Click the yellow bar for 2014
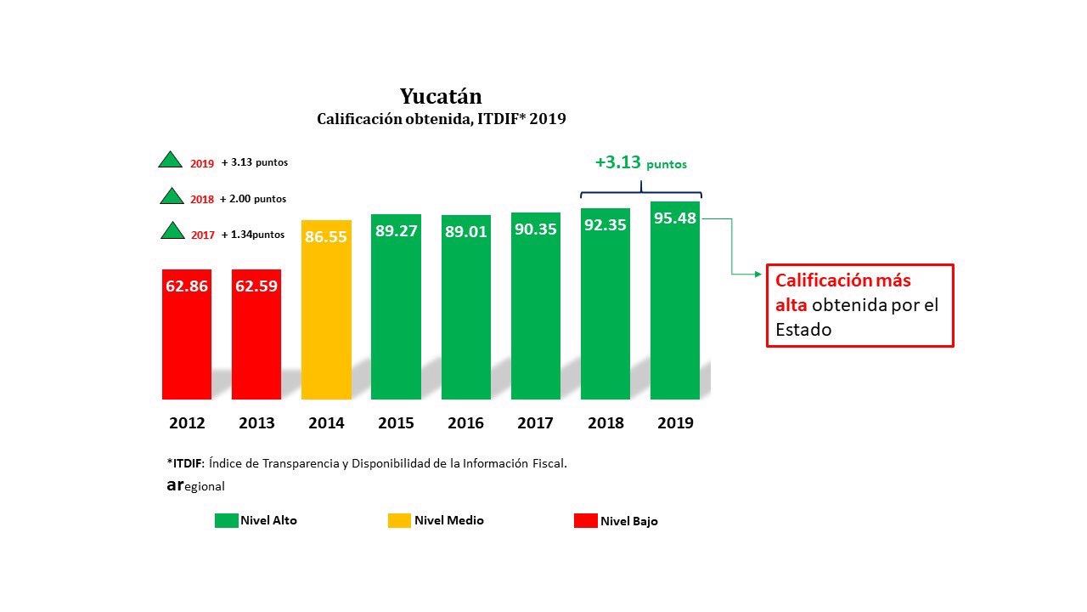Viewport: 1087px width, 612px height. point(327,323)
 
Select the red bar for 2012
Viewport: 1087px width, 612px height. point(187,340)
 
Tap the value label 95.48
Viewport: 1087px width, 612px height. point(675,218)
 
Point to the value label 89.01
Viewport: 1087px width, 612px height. point(465,231)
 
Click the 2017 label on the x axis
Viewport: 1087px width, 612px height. point(535,422)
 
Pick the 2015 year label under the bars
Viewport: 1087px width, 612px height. point(396,422)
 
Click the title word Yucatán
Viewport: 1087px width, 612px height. point(441,95)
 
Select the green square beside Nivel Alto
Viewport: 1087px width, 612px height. point(226,520)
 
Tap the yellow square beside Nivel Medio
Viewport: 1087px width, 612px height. point(399,520)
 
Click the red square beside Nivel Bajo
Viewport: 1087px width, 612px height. point(585,520)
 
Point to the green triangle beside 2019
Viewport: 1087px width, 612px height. point(172,161)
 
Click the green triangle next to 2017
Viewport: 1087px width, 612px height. point(172,232)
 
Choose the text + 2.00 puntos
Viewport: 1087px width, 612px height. point(253,199)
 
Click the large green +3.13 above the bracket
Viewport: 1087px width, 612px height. point(618,162)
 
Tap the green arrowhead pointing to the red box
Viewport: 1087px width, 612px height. point(758,274)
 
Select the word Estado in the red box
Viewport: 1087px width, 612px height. point(803,330)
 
